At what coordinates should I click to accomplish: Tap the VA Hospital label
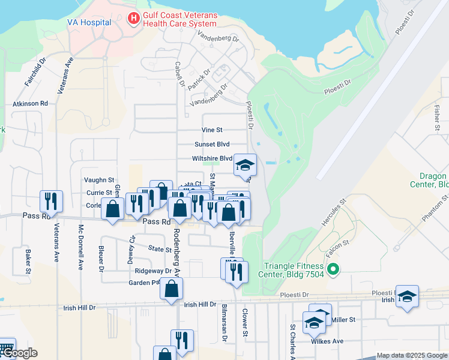pyautogui.click(x=89, y=22)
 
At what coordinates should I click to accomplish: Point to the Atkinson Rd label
pyautogui.click(x=30, y=104)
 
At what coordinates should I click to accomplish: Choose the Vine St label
pyautogui.click(x=212, y=130)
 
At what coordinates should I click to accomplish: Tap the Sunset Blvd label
pyautogui.click(x=212, y=144)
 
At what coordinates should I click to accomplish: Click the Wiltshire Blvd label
pyautogui.click(x=212, y=158)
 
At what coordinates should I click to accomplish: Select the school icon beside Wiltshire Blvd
pyautogui.click(x=245, y=164)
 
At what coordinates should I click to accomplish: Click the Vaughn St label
pyautogui.click(x=99, y=179)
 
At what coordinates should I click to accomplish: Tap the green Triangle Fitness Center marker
pyautogui.click(x=334, y=269)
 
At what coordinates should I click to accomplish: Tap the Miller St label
pyautogui.click(x=344, y=320)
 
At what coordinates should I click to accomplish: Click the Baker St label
pyautogui.click(x=28, y=262)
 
